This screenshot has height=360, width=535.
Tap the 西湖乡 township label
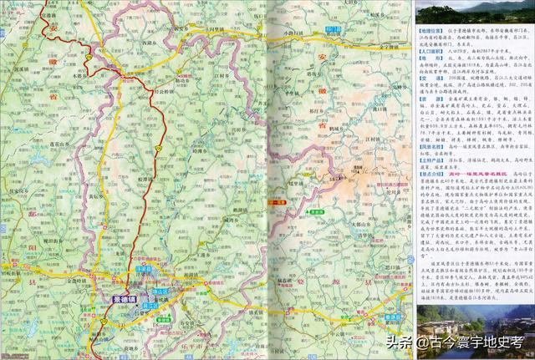[151, 41]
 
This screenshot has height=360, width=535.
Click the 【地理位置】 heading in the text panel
[431, 28]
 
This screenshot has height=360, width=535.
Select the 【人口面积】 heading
[431, 52]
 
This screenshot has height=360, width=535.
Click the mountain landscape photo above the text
[472, 12]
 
